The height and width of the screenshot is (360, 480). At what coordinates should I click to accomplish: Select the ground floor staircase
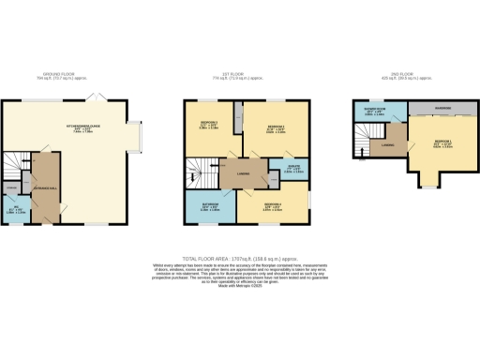click(x=16, y=165)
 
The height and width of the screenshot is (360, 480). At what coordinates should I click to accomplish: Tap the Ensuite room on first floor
click(x=279, y=171)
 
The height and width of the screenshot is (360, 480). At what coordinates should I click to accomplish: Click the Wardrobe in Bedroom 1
click(x=442, y=109)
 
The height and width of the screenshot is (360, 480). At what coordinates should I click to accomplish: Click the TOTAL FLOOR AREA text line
click(x=239, y=256)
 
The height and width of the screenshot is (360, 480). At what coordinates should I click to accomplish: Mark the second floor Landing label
click(x=386, y=145)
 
